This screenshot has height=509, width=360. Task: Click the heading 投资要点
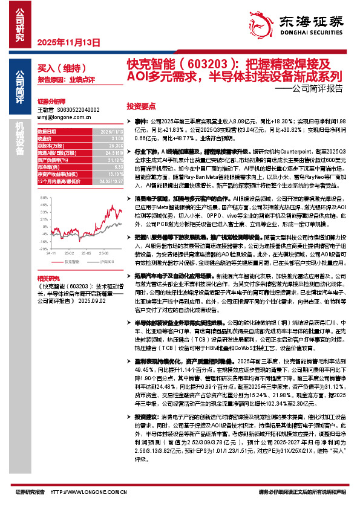click(x=140, y=104)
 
